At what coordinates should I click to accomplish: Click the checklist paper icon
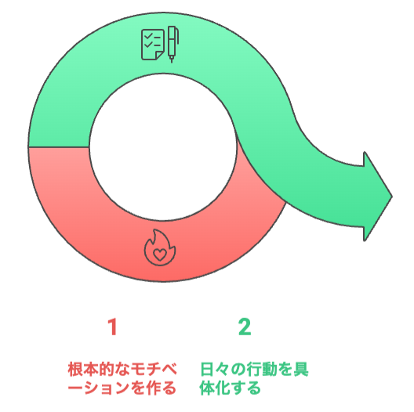click(x=153, y=45)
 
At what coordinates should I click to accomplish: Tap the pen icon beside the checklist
click(x=173, y=44)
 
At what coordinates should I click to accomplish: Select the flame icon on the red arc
click(x=160, y=248)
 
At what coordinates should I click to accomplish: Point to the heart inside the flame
click(x=160, y=255)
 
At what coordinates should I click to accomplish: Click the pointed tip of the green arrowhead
click(x=392, y=197)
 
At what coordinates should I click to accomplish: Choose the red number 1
click(x=113, y=327)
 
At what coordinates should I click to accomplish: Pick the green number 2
click(x=245, y=327)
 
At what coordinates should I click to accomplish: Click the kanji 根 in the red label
click(x=76, y=369)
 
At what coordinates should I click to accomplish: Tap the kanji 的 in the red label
click(x=107, y=369)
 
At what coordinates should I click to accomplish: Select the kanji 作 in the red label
click(x=152, y=388)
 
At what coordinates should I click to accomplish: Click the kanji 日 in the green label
click(x=207, y=369)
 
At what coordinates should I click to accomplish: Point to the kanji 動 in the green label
click(x=270, y=369)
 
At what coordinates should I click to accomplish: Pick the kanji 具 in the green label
click(x=300, y=369)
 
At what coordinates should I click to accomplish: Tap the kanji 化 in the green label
click(x=223, y=388)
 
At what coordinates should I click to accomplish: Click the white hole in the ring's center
click(x=163, y=147)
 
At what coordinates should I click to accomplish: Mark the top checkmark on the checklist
click(x=149, y=35)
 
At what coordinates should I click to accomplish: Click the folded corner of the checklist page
click(x=160, y=56)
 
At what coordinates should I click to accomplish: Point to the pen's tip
click(x=172, y=60)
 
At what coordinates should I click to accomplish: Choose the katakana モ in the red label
click(x=138, y=369)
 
